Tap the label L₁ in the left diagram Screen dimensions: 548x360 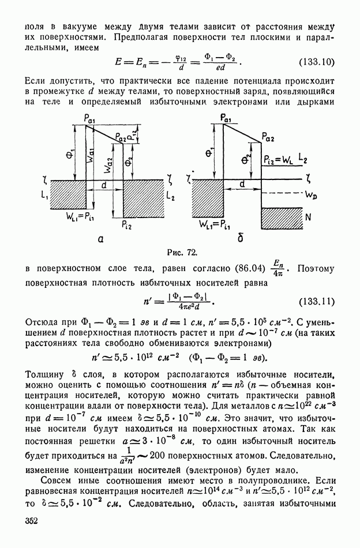click(x=44, y=197)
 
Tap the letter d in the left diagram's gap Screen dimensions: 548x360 click(x=103, y=186)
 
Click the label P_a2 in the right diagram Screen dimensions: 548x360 click(x=267, y=137)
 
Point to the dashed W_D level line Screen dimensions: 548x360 click(x=282, y=193)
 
